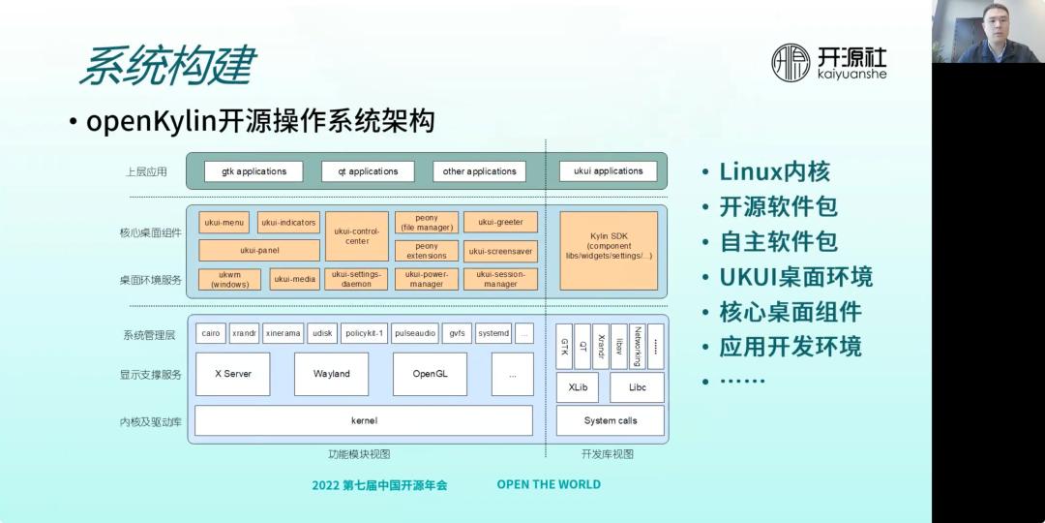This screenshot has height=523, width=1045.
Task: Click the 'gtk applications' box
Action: (254, 171)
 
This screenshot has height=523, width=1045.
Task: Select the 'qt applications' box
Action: (368, 171)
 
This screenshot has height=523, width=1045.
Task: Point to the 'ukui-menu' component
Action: (224, 223)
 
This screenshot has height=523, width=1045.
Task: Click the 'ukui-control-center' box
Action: (356, 236)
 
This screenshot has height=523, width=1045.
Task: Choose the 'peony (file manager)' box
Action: (427, 223)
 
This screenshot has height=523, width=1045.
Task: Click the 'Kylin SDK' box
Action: (609, 251)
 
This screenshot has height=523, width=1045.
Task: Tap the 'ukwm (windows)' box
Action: (229, 279)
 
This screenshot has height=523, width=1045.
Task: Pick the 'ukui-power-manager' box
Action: (426, 279)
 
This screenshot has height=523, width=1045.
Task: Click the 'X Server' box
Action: (232, 374)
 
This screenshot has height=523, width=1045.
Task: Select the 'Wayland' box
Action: (331, 374)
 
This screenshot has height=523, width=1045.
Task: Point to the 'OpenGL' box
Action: (430, 374)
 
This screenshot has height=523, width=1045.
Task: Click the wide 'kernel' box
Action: (364, 420)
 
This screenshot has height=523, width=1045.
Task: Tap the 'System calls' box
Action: (610, 420)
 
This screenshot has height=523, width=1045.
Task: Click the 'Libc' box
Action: (637, 387)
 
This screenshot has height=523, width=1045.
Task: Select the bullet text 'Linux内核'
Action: (774, 172)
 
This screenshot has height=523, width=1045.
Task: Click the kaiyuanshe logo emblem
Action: (791, 62)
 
